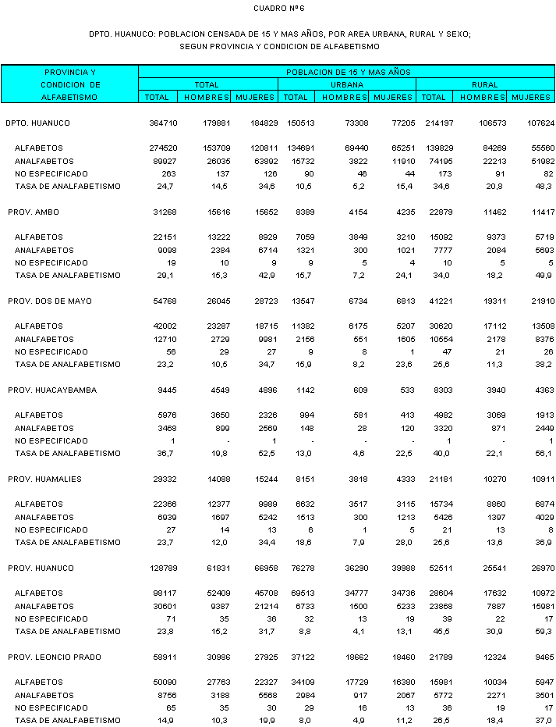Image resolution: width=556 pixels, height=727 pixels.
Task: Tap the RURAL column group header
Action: [484, 84]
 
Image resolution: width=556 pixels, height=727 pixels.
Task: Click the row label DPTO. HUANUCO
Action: [37, 123]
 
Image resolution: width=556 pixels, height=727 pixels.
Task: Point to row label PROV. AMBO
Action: [34, 212]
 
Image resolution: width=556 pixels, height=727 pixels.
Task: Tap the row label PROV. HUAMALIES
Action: [44, 479]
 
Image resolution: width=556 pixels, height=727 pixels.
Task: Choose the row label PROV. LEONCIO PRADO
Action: [52, 658]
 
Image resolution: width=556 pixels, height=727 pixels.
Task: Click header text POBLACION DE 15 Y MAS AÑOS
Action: [348, 72]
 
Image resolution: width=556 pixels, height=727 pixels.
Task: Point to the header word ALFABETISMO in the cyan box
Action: [70, 98]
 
